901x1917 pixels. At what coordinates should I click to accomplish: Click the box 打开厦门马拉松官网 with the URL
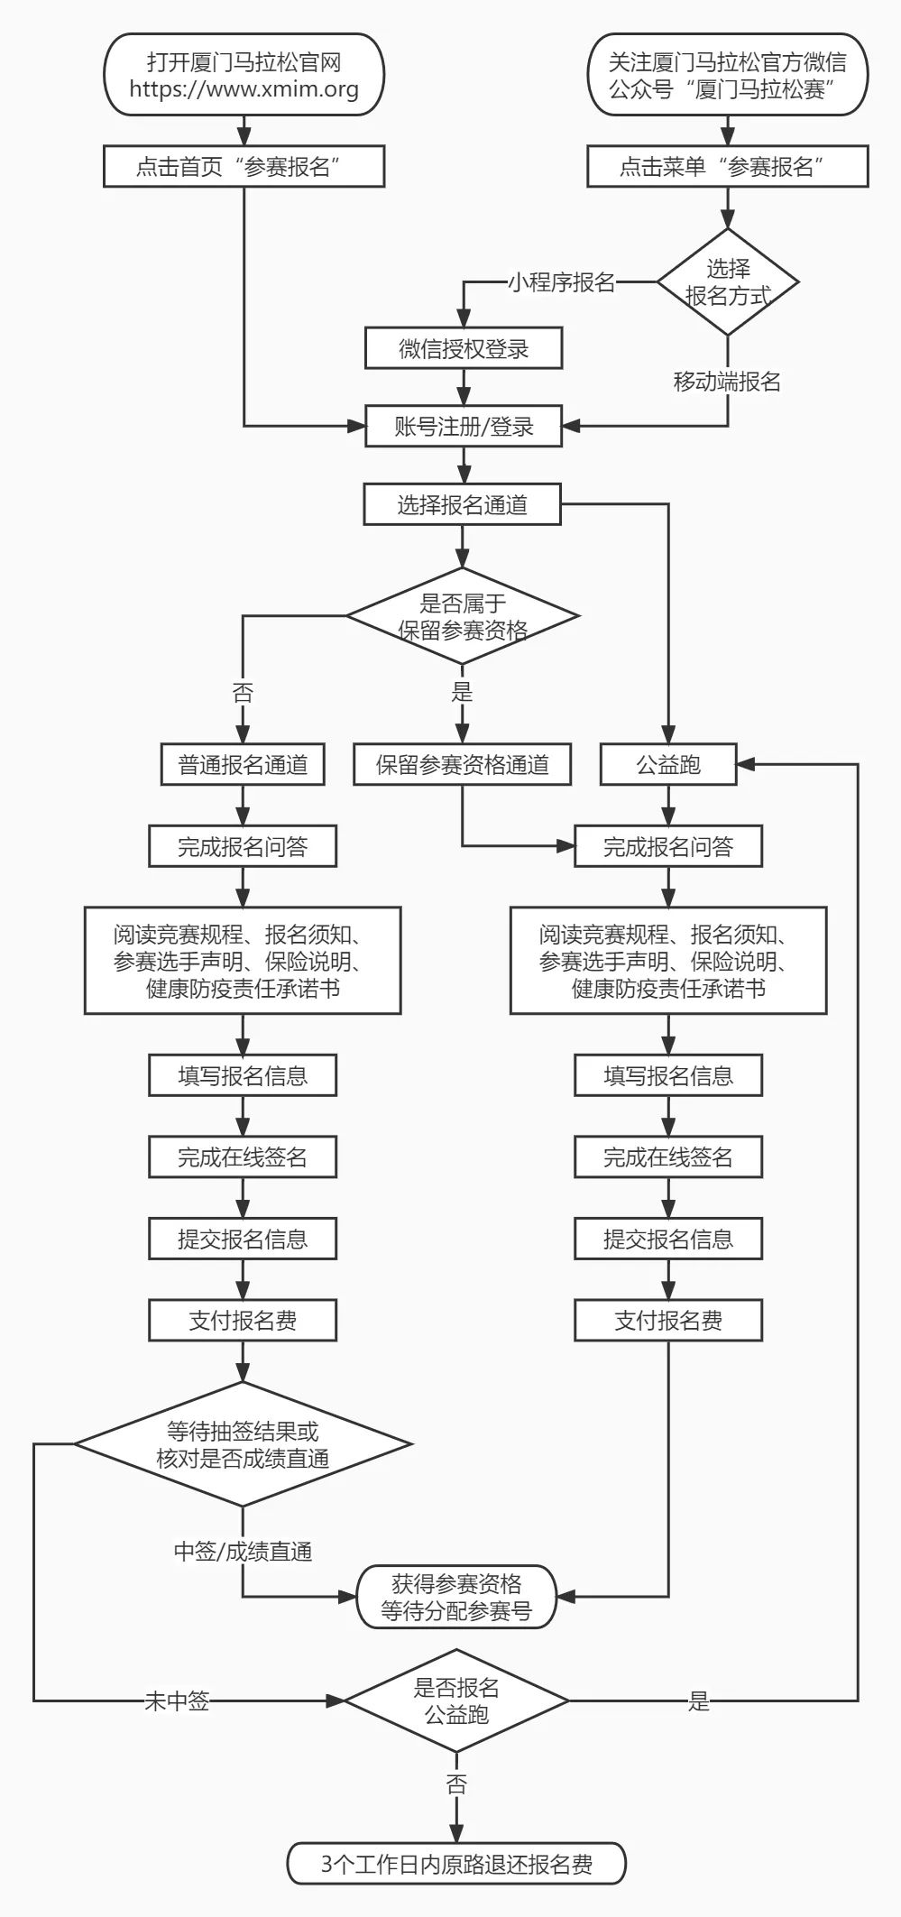(244, 75)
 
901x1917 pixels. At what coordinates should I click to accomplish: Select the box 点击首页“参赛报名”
(244, 167)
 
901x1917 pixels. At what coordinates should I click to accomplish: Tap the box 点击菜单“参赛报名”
(727, 167)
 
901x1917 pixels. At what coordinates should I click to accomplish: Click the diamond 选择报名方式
(727, 281)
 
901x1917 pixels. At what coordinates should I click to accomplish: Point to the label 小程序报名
(561, 282)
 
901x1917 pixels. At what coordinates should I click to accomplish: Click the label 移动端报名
(727, 382)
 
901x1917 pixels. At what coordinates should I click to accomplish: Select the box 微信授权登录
(464, 349)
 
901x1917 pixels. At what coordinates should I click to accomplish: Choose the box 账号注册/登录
(464, 427)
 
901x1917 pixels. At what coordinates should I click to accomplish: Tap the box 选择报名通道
(462, 504)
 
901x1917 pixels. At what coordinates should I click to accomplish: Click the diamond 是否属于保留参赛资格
(462, 616)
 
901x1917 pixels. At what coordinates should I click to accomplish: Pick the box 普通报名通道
(243, 765)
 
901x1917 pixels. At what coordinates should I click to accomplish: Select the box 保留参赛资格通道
(463, 765)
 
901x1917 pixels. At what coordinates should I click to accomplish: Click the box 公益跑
(668, 765)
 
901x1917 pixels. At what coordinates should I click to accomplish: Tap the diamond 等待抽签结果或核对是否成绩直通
(243, 1444)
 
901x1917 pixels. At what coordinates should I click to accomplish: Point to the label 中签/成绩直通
(243, 1552)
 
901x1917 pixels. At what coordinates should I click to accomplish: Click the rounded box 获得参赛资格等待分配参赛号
(456, 1597)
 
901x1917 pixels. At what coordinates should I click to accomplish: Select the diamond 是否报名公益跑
(456, 1700)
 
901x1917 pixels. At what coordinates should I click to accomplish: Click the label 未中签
(177, 1701)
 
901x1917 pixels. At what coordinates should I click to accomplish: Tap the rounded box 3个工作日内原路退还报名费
(456, 1865)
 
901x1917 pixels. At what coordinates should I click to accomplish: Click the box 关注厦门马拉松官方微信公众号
(727, 75)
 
